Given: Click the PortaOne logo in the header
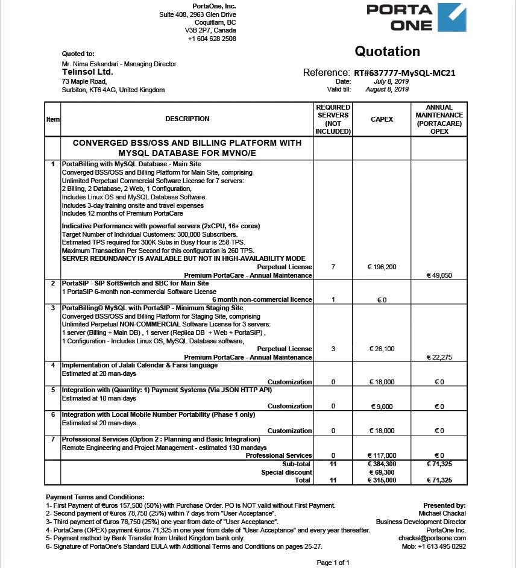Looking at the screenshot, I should click(x=416, y=17).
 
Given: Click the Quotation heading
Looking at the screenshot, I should click(x=387, y=51).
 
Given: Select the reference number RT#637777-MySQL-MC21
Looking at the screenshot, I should click(x=404, y=73).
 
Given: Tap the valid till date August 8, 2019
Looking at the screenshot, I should click(x=387, y=89).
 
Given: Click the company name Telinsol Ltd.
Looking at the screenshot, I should click(x=87, y=72).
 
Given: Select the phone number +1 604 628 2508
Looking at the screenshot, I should click(x=212, y=39).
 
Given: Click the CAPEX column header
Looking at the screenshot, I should click(x=382, y=119).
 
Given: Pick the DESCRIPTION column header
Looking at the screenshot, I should click(x=187, y=119).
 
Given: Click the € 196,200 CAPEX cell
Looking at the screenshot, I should click(x=382, y=267).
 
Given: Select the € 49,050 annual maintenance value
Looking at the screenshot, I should click(x=439, y=275).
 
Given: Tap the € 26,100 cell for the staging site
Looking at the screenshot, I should click(x=382, y=349).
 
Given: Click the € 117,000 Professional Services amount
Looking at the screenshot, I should click(x=382, y=455).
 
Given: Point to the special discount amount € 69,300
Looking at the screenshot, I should click(x=382, y=472).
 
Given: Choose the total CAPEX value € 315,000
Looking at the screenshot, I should click(x=382, y=480).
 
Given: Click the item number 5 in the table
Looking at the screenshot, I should click(x=53, y=390).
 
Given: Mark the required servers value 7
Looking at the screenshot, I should click(x=333, y=267).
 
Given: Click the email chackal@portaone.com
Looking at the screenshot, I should click(x=432, y=538).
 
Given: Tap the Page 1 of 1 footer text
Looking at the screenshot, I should click(x=333, y=563).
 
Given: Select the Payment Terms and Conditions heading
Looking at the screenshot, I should click(x=95, y=497).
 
